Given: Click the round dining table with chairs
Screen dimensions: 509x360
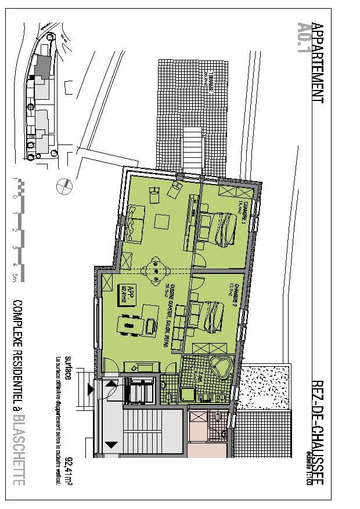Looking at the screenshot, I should point(155,270).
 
